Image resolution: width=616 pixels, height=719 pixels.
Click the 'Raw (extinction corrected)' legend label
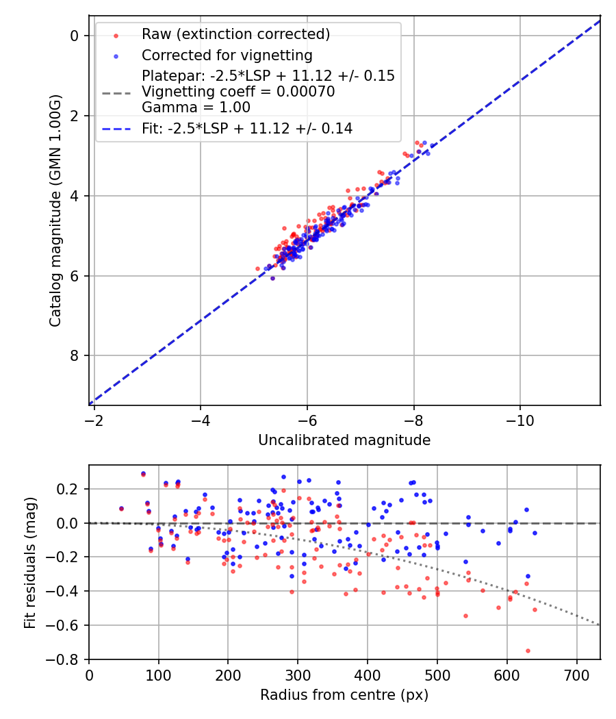(235, 34)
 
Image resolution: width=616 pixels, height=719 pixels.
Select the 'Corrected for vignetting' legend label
(227, 55)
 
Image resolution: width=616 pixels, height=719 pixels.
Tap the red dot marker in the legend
(116, 35)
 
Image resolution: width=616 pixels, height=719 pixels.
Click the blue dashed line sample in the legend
(116, 128)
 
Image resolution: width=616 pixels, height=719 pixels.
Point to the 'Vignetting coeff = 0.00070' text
(238, 92)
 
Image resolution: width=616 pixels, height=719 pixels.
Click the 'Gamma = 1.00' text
(196, 108)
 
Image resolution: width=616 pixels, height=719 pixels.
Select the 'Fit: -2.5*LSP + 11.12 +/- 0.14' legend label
(247, 128)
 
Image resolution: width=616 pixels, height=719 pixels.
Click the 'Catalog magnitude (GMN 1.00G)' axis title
(55, 210)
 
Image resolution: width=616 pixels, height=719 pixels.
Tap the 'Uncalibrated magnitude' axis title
(344, 440)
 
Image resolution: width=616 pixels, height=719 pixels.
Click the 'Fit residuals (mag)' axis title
(29, 562)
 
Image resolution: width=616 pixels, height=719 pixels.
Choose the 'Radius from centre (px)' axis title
(344, 695)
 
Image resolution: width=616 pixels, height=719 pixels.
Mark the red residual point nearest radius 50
(121, 509)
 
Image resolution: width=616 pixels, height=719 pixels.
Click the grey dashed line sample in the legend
(116, 92)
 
